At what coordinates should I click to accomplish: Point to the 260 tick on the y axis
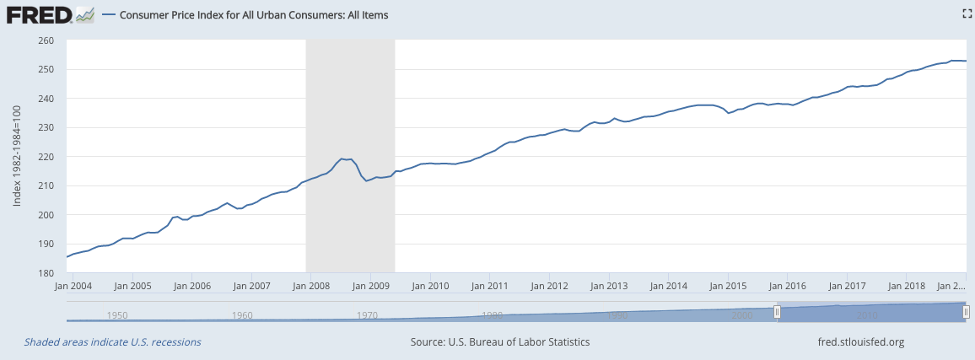pos(46,40)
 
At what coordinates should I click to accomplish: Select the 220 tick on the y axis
pos(46,157)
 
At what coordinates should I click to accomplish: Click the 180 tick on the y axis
pos(46,273)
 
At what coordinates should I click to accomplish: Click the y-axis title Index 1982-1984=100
pos(17,157)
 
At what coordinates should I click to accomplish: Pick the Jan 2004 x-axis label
pos(72,286)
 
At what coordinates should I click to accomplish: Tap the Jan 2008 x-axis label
pos(310,286)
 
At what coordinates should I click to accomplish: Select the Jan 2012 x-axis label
pos(549,286)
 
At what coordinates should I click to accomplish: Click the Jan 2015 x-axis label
pos(728,286)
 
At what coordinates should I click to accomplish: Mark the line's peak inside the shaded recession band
pos(342,159)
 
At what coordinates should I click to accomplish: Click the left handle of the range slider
pos(778,312)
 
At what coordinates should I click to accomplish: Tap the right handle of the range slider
pos(967,312)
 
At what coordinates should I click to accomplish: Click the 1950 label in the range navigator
pos(117,315)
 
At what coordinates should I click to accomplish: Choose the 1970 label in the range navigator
pos(367,315)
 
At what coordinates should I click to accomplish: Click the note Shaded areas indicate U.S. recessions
pos(112,342)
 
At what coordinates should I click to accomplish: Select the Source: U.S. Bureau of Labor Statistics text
pos(500,342)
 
